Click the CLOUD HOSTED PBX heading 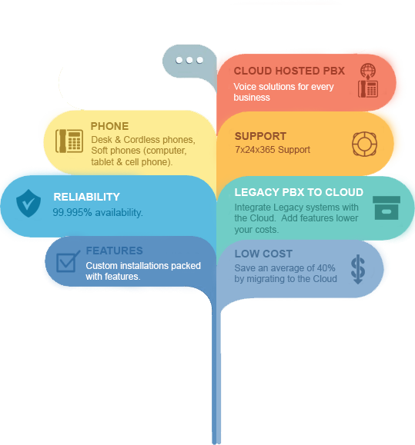click(289, 71)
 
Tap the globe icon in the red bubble click(368, 70)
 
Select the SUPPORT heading click(260, 136)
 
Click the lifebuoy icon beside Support click(364, 144)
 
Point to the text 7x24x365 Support click(273, 150)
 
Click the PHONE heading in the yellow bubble click(110, 126)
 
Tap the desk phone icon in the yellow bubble click(69, 141)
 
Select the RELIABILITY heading click(87, 197)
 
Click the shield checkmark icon click(28, 203)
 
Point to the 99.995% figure click(72, 212)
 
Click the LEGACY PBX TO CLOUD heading click(299, 192)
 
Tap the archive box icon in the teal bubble click(387, 208)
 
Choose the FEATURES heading click(115, 251)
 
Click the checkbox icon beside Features click(67, 261)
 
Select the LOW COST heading click(263, 254)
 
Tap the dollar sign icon click(358, 269)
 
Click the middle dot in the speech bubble click(189, 60)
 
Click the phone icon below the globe click(368, 88)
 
